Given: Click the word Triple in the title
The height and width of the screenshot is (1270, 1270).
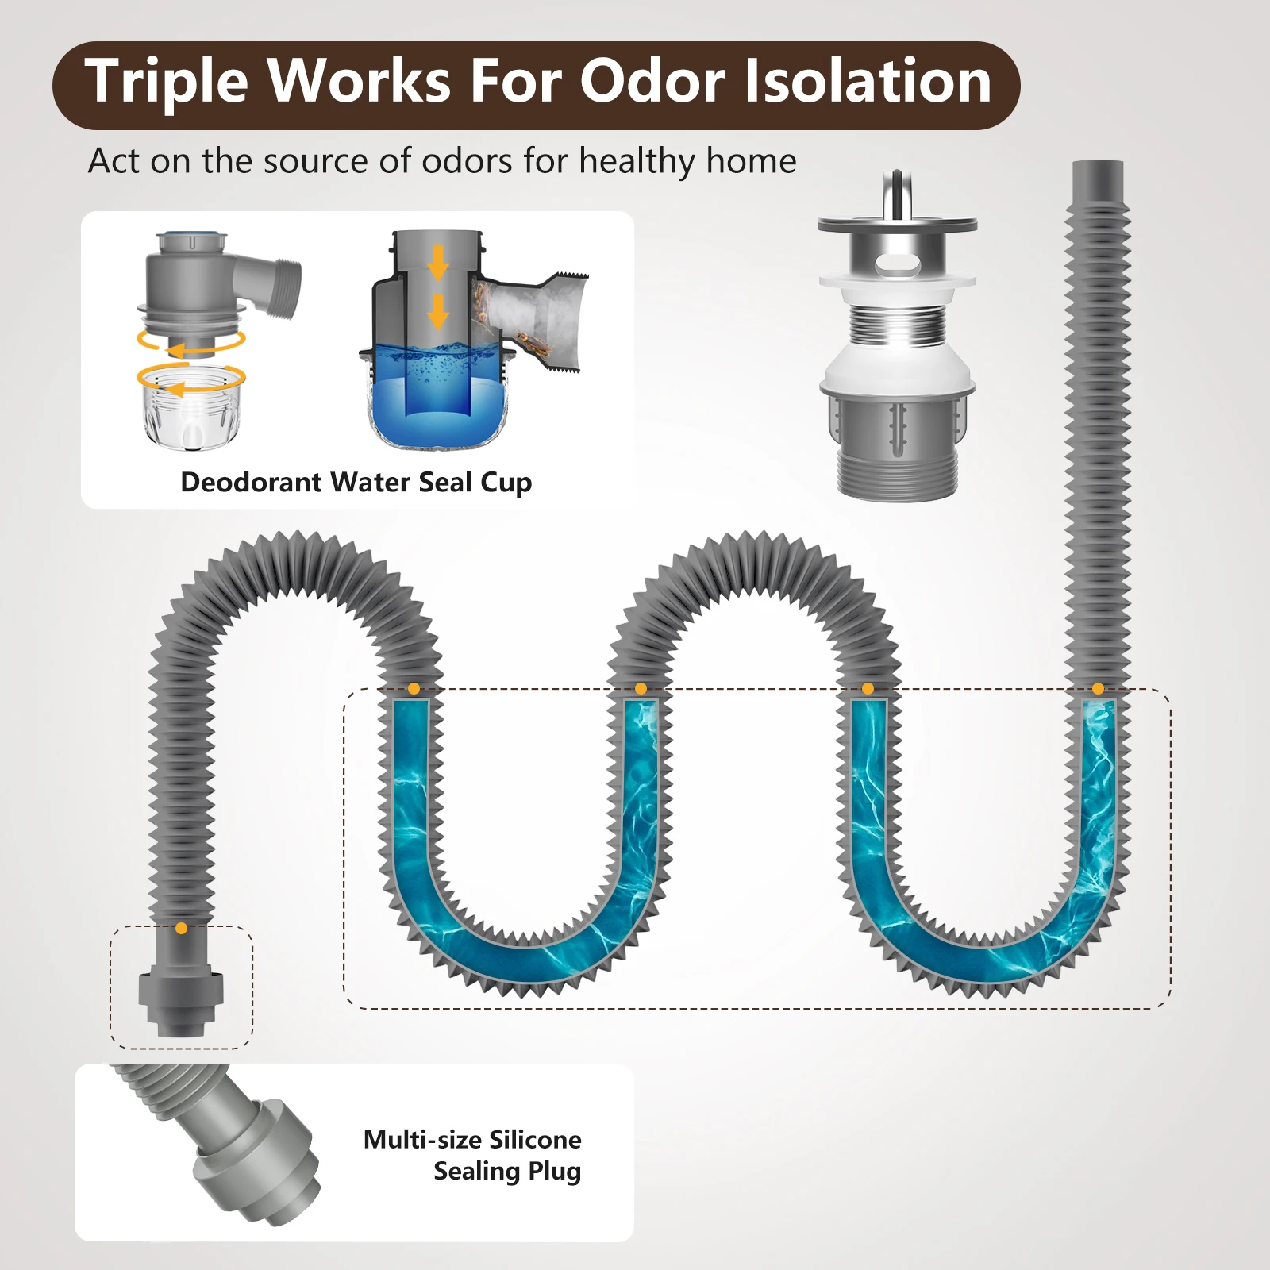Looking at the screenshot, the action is pyautogui.click(x=166, y=83).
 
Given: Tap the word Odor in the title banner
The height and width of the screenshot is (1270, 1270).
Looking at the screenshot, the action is pyautogui.click(x=652, y=83).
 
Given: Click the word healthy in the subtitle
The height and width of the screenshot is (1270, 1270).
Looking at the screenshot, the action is pyautogui.click(x=637, y=161).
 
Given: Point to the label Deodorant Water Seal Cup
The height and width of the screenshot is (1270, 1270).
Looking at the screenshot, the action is pyautogui.click(x=356, y=483).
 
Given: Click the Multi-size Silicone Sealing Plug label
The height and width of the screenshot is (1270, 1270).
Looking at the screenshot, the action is pyautogui.click(x=472, y=1155).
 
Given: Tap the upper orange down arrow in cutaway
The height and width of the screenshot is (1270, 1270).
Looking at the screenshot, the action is pyautogui.click(x=437, y=263).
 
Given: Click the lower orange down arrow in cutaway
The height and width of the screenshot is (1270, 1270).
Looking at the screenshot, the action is pyautogui.click(x=437, y=311).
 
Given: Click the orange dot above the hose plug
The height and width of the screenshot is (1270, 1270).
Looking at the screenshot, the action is pyautogui.click(x=181, y=928).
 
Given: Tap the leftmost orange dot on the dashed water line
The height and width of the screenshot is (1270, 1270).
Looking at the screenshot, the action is pyautogui.click(x=413, y=688).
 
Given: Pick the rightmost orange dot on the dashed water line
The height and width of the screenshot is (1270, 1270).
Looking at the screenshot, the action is pyautogui.click(x=1098, y=688).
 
